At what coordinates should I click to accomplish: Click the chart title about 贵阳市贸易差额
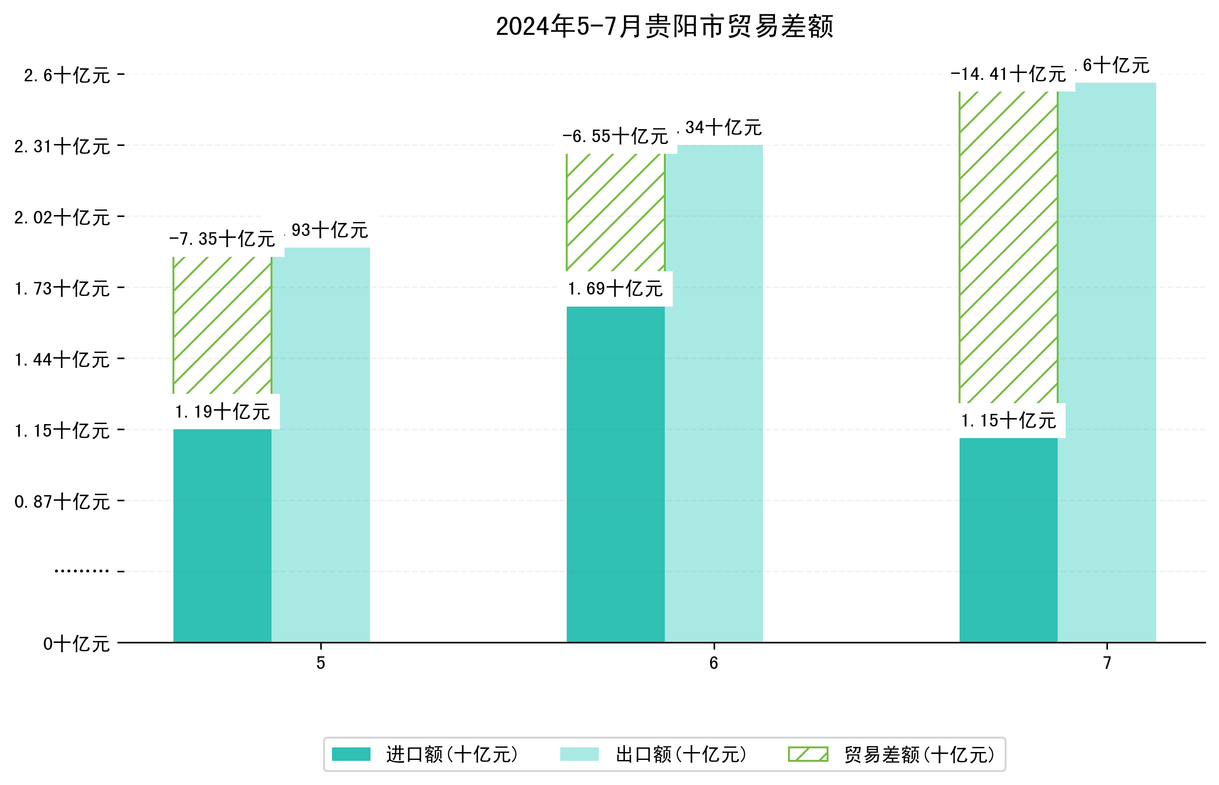[664, 26]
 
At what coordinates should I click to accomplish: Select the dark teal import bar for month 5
[222, 535]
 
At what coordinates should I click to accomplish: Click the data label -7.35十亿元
[222, 239]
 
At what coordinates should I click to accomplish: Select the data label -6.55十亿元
[615, 136]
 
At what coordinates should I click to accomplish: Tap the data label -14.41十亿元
[1008, 74]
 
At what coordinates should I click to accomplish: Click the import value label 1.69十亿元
[615, 289]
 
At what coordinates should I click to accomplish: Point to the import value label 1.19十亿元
[222, 412]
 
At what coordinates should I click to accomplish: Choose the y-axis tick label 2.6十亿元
[67, 75]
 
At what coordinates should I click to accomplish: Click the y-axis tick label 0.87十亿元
[62, 502]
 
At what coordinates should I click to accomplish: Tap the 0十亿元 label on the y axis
[77, 644]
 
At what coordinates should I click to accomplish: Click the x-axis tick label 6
[714, 663]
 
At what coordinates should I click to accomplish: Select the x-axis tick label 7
[1107, 663]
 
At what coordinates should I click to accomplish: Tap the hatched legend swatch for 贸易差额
[808, 754]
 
